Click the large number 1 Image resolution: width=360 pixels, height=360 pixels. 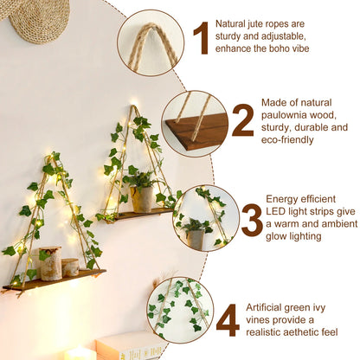coord(202,38)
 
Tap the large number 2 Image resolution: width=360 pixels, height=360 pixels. coord(243,119)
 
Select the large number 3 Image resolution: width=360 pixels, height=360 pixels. coord(252,220)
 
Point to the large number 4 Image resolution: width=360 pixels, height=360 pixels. coord(228,320)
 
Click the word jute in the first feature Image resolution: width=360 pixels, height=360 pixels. coord(256,24)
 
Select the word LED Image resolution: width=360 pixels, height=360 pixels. coord(276,211)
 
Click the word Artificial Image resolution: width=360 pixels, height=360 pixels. coord(266,307)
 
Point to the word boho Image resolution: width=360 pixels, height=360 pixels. coord(279,48)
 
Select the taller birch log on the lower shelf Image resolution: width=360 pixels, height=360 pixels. coord(50,263)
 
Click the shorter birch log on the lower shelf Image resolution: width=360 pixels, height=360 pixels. coord(70,267)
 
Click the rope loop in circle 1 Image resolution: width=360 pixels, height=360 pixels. coord(152,43)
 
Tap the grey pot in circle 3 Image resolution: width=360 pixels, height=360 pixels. coord(196,239)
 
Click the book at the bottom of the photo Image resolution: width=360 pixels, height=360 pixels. coord(130,346)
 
